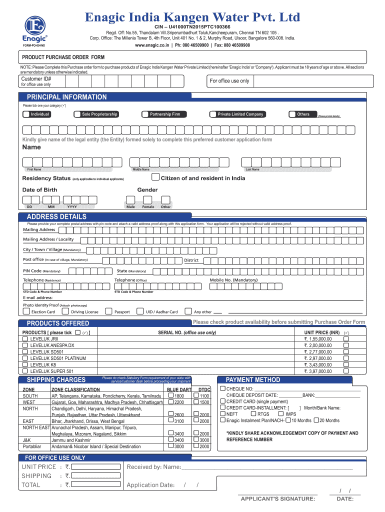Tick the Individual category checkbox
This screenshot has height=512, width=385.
[x=26, y=114]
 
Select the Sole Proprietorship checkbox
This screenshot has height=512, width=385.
[x=77, y=114]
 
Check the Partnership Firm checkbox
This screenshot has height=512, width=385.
[x=145, y=114]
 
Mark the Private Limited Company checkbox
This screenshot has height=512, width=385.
[x=212, y=114]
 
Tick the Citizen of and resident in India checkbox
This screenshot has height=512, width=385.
[x=155, y=177]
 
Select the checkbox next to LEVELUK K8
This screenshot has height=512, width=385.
[x=25, y=364]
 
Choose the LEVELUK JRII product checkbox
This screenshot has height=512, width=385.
[x=25, y=339]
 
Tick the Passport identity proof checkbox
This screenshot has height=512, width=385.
[x=109, y=311]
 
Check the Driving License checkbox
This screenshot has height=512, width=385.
[x=66, y=311]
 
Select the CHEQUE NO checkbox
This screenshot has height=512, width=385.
[x=222, y=388]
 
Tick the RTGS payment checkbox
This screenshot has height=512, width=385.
[x=253, y=414]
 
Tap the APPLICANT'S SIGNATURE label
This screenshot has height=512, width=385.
[x=277, y=498]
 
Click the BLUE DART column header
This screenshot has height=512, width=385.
[x=179, y=389]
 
